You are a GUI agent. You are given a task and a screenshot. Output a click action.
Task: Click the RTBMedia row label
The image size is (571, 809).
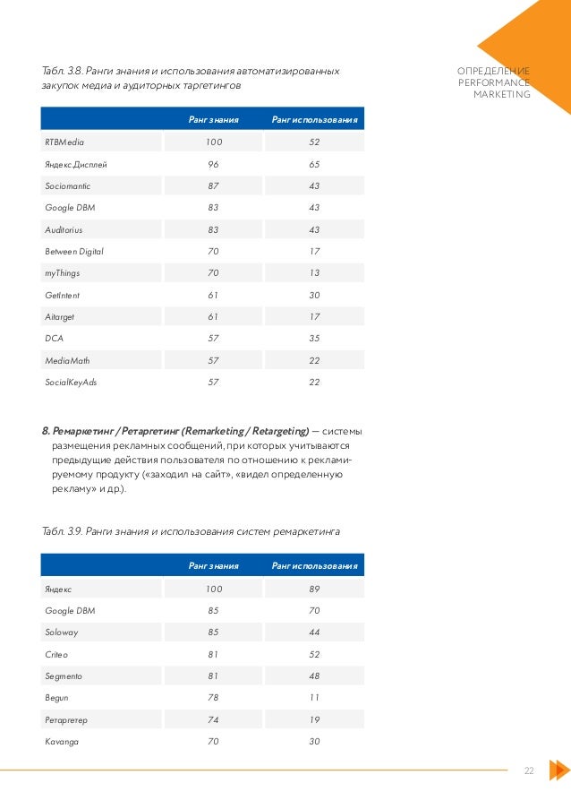click(64, 142)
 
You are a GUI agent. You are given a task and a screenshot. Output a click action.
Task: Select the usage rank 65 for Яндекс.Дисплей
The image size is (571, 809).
click(314, 165)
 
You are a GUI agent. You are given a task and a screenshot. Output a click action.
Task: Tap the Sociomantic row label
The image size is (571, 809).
click(67, 186)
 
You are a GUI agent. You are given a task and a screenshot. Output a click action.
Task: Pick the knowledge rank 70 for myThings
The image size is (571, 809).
click(213, 273)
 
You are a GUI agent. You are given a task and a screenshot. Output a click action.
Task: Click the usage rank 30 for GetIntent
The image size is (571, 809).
click(314, 295)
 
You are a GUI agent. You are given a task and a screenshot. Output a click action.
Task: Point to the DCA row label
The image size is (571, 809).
click(54, 339)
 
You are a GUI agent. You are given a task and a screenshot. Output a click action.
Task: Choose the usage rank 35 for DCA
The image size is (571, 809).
click(314, 339)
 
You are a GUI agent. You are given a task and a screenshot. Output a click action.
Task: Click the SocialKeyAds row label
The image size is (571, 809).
click(70, 382)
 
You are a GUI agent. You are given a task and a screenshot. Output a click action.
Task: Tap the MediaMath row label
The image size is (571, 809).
click(67, 360)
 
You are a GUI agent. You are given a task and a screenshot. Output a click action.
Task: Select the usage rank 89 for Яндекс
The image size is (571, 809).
click(314, 589)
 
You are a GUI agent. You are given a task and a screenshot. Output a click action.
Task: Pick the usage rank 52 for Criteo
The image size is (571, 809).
click(314, 654)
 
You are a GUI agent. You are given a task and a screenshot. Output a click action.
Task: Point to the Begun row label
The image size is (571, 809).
click(56, 698)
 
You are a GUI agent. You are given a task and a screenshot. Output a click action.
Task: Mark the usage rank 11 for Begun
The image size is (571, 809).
click(314, 698)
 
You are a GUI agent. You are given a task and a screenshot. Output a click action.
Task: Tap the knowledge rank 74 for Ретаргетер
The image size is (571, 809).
click(213, 719)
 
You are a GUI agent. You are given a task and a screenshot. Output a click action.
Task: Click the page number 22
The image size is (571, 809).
click(528, 770)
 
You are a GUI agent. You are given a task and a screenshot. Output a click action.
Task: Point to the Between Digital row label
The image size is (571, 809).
click(74, 252)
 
